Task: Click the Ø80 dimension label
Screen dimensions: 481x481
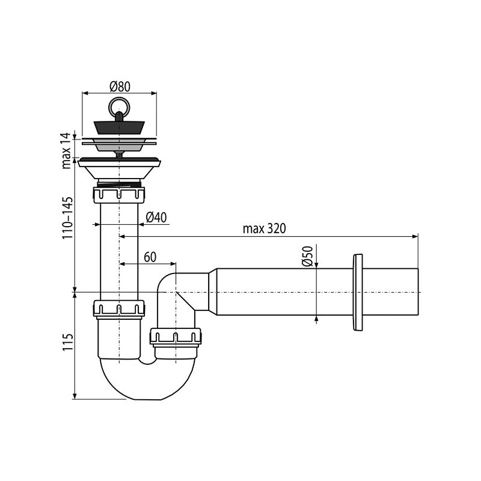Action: click(x=120, y=86)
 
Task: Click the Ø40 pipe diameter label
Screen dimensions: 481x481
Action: click(x=156, y=217)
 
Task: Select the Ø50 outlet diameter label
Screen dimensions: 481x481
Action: click(x=307, y=257)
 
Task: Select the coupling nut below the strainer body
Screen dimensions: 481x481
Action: click(x=119, y=195)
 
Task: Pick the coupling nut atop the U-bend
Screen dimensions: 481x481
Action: click(x=119, y=308)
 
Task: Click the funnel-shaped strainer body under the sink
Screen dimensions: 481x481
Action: click(x=119, y=171)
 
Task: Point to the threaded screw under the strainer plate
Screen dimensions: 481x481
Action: click(x=119, y=153)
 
